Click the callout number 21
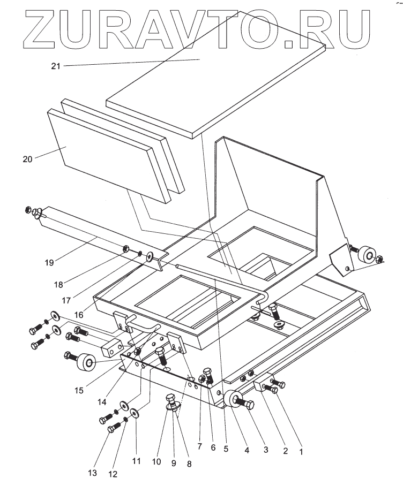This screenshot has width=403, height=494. [56, 66]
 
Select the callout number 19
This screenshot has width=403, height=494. [49, 263]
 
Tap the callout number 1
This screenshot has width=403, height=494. [301, 451]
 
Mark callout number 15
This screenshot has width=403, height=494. [79, 391]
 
